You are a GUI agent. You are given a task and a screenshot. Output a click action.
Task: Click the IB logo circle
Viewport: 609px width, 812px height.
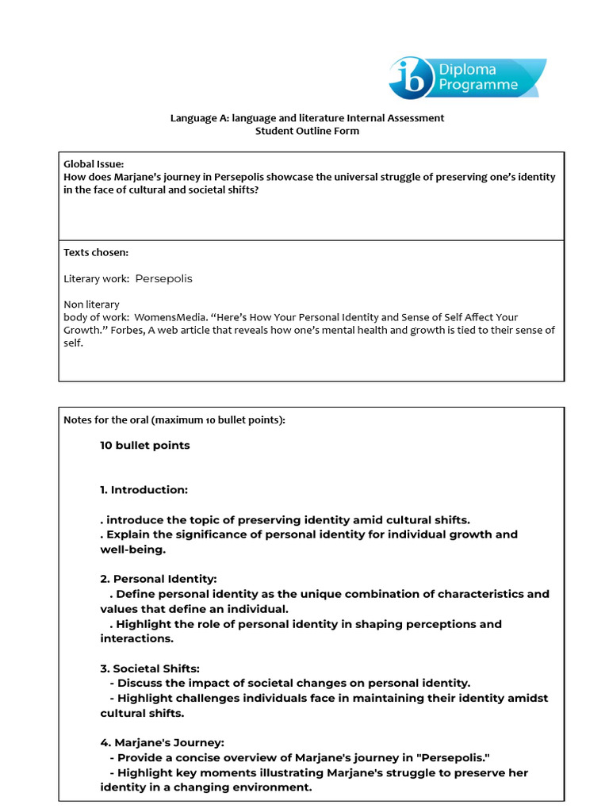pyautogui.click(x=409, y=78)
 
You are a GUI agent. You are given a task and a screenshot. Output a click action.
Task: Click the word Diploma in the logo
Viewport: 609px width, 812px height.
pyautogui.click(x=468, y=69)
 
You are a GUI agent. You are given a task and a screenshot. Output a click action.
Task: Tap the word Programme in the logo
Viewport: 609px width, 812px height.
pyautogui.click(x=479, y=85)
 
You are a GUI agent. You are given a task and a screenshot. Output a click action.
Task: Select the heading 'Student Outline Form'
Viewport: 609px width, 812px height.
pyautogui.click(x=307, y=131)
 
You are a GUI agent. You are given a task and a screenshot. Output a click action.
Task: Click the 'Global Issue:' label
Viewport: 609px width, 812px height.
pyautogui.click(x=94, y=164)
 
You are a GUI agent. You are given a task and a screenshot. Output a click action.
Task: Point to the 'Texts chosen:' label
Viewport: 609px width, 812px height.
pyautogui.click(x=96, y=252)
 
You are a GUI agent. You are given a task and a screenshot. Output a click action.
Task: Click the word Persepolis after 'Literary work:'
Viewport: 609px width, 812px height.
pyautogui.click(x=163, y=279)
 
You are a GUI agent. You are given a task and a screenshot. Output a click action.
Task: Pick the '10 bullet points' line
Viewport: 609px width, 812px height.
pyautogui.click(x=145, y=446)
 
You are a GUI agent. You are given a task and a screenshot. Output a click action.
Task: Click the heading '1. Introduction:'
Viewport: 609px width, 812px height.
pyautogui.click(x=144, y=490)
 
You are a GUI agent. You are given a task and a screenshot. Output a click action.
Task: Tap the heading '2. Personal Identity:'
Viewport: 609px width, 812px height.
pyautogui.click(x=158, y=579)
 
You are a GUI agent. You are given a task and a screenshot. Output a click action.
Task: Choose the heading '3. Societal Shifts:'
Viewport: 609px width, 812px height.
pyautogui.click(x=150, y=668)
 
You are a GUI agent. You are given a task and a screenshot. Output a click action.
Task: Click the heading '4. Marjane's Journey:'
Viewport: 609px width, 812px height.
pyautogui.click(x=162, y=743)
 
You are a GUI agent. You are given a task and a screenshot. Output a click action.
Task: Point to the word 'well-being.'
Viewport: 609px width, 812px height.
pyautogui.click(x=132, y=549)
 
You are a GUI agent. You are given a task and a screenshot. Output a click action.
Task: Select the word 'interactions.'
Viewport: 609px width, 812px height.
pyautogui.click(x=136, y=638)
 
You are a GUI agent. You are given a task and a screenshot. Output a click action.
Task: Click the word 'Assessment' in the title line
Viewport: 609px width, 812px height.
pyautogui.click(x=416, y=118)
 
